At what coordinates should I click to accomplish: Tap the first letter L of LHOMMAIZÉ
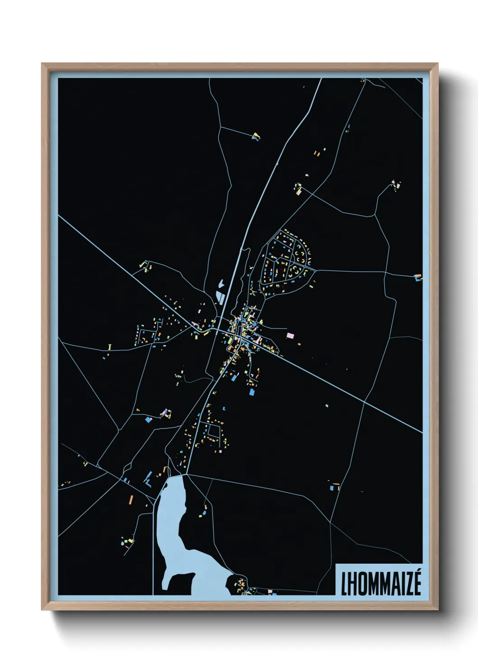[345, 584]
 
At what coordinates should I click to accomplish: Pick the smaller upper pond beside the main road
[221, 284]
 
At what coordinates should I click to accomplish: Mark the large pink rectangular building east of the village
[291, 335]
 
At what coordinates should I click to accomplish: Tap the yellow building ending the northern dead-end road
[256, 135]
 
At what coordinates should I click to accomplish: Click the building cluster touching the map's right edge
[418, 277]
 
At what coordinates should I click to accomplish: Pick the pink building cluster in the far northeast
[396, 184]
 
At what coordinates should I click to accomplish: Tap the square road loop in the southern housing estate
[213, 431]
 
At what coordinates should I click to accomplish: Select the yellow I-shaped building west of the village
[110, 347]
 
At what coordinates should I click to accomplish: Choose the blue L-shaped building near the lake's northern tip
[147, 480]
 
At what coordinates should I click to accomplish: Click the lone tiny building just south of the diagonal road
[327, 405]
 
